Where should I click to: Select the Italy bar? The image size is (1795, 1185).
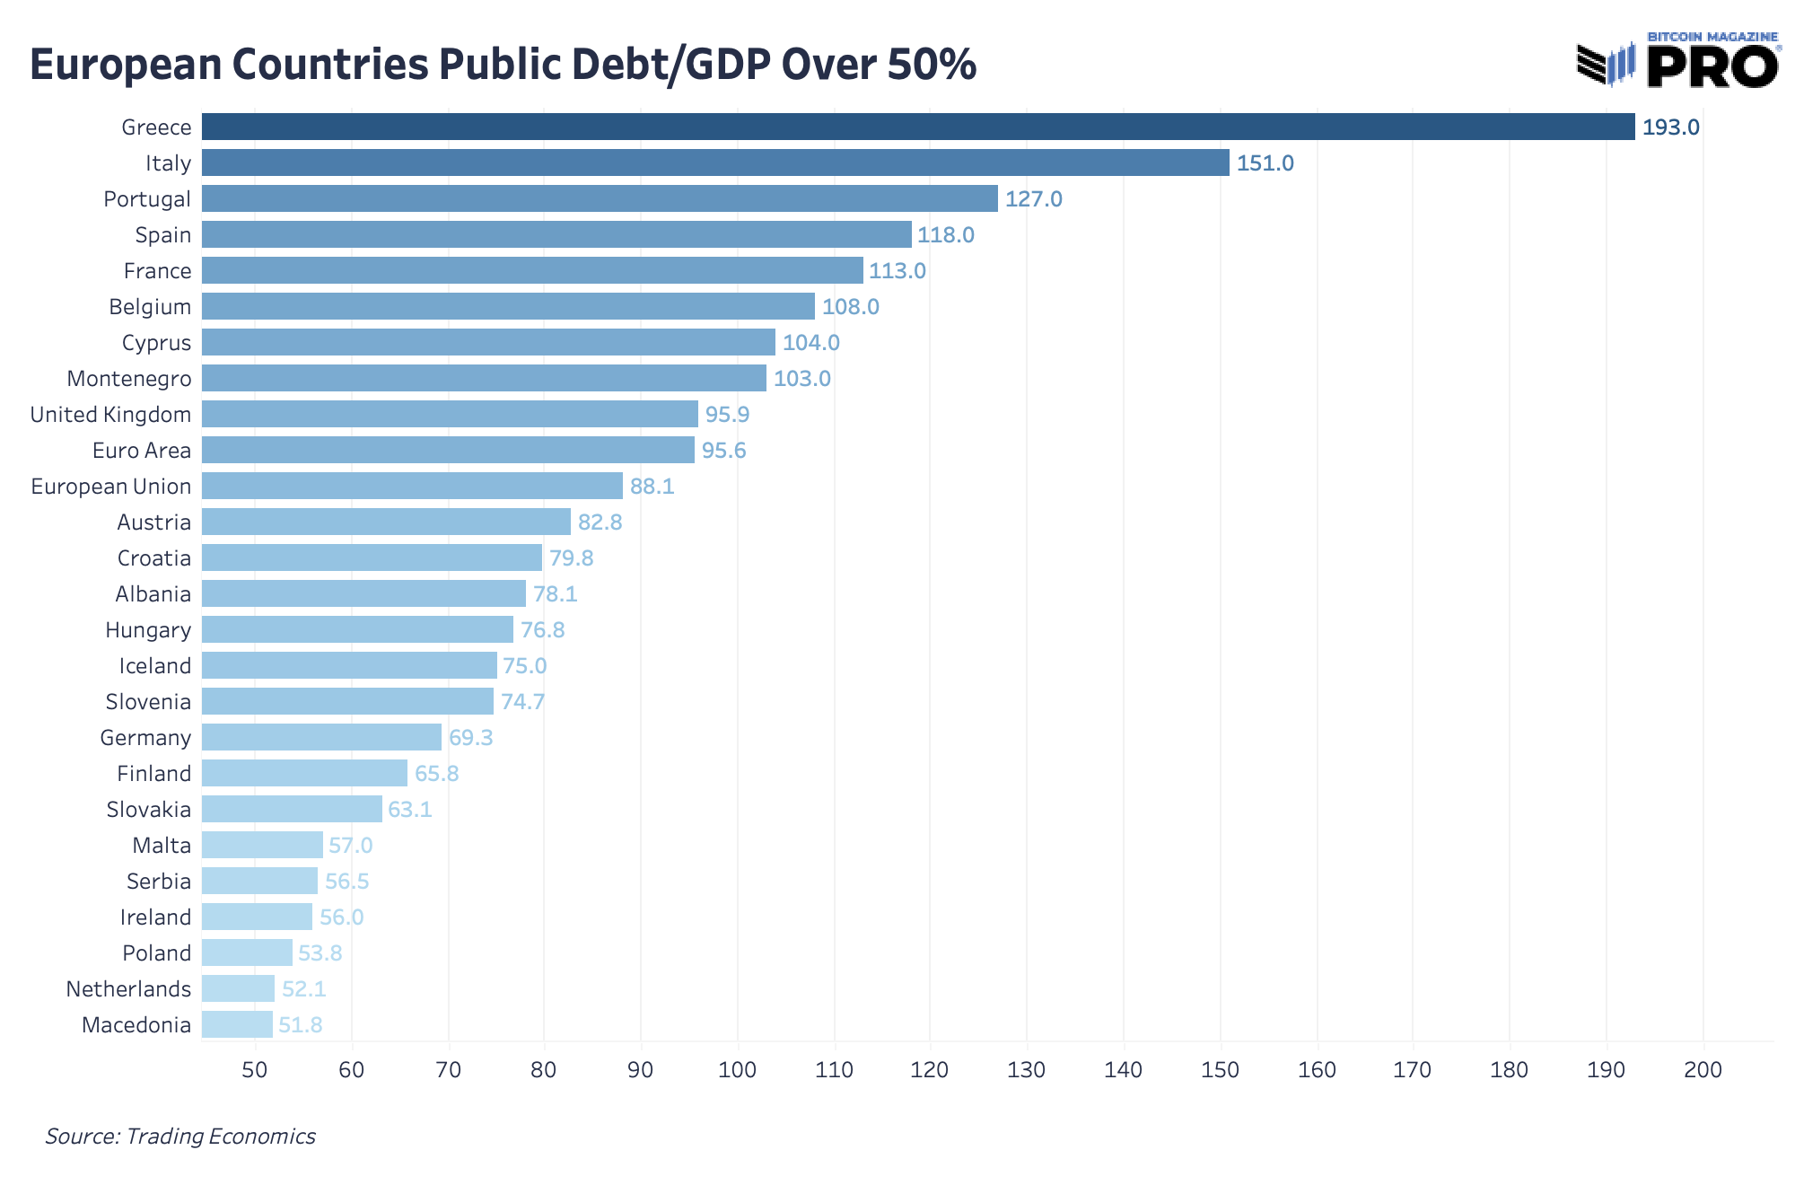(x=715, y=162)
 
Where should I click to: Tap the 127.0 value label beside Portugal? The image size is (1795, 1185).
(x=1033, y=199)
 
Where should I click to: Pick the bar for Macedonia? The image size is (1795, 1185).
(x=237, y=1024)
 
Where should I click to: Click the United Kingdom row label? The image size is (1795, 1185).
(x=110, y=415)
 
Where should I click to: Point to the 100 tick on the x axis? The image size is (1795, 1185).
(x=737, y=1070)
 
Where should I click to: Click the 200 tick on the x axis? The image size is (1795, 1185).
(x=1703, y=1070)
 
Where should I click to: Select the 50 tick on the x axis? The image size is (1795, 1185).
(x=255, y=1070)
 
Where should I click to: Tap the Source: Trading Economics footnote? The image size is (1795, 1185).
(x=180, y=1137)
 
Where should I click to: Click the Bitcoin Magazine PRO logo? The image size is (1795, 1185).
(x=1677, y=64)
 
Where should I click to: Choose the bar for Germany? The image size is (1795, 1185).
(x=321, y=737)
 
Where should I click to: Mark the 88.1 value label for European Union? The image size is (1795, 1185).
(x=652, y=487)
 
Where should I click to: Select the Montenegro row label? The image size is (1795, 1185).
(x=129, y=379)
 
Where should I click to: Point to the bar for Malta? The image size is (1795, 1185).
(x=262, y=845)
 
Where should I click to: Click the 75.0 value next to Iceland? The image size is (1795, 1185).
(x=524, y=666)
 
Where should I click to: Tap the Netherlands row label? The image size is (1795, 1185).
(x=128, y=989)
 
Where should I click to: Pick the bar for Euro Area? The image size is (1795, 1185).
(x=448, y=450)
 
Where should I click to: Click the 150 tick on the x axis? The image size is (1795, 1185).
(x=1220, y=1070)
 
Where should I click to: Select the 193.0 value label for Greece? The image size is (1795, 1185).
(x=1670, y=127)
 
